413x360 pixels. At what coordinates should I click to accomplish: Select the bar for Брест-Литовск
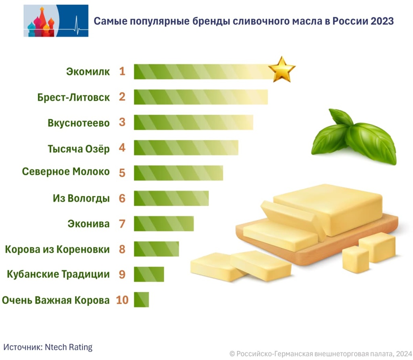point(200,97)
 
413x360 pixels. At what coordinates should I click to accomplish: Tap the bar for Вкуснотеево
point(193,122)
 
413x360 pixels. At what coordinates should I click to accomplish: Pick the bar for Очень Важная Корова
point(141,300)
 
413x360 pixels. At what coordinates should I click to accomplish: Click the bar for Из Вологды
point(171,198)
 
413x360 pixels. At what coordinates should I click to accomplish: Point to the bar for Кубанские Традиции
point(149,274)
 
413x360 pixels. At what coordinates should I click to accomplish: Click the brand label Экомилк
point(88,72)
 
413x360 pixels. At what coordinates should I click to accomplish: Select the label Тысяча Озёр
point(79,148)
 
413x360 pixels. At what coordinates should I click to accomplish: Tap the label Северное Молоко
point(66,171)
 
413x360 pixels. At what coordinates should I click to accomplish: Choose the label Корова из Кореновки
point(57,249)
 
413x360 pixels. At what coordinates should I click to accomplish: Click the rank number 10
point(122,300)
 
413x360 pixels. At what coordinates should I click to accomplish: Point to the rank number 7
point(122,224)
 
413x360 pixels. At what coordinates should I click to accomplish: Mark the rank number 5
point(122,173)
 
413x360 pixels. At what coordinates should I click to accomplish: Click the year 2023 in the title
point(380,21)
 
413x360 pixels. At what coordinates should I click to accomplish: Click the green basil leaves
point(353,137)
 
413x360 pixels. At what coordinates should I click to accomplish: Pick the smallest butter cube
point(355,259)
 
